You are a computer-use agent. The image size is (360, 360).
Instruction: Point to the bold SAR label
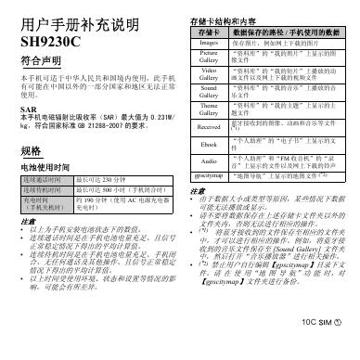(x=26, y=106)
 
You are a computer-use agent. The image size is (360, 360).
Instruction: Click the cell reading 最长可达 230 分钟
(x=101, y=180)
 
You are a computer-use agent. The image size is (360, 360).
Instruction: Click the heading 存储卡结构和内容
(x=224, y=19)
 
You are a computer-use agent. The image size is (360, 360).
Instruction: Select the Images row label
(x=210, y=43)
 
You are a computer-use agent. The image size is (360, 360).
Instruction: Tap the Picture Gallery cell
(x=210, y=58)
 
